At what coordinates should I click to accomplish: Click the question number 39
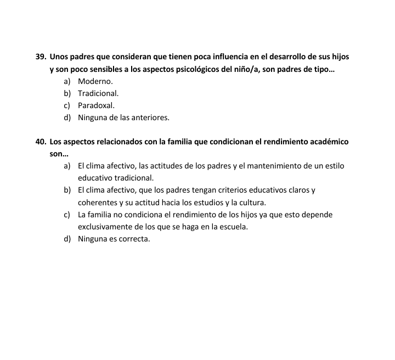tap(40, 57)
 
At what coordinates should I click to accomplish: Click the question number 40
tap(40, 142)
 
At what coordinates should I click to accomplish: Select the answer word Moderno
tap(95, 81)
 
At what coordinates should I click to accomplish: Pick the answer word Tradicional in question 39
tap(98, 93)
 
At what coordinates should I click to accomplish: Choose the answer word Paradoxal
tap(96, 105)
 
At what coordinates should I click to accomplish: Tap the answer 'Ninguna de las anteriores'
tap(123, 117)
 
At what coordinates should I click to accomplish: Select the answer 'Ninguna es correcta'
tap(114, 239)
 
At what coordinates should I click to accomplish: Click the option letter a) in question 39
tap(67, 81)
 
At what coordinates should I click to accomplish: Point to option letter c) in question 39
tap(67, 105)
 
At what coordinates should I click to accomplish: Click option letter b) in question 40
tap(67, 190)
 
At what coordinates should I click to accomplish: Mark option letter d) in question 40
tap(67, 239)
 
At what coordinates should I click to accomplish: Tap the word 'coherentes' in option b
tap(97, 203)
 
